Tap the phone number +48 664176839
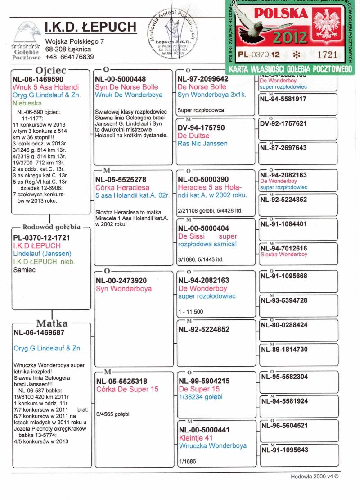pos(69,57)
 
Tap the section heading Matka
pos(52,323)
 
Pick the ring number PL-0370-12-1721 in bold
pos(42,237)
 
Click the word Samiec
pos(25,270)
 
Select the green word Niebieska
pos(28,103)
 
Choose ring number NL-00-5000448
pos(121,79)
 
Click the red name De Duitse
pos(193,136)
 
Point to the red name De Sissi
pos(191,236)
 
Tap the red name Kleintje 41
pos(196,438)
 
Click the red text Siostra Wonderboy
pos(284,255)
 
